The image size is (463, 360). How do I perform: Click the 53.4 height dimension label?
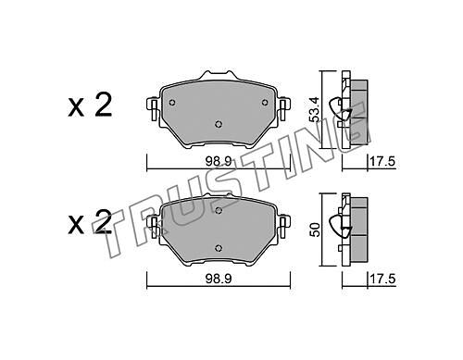314,109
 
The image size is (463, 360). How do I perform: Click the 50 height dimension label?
315,230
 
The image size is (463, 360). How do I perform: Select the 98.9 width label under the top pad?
219,162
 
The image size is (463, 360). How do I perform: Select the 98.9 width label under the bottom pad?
219,279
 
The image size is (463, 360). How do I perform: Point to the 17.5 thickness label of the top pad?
382,162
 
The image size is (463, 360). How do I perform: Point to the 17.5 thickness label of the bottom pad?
382,279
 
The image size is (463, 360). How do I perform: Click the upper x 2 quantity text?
90,106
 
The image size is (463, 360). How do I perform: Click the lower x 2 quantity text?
90,222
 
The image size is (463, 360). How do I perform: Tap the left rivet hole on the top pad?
172,103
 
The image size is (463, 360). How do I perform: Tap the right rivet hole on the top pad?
265,103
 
